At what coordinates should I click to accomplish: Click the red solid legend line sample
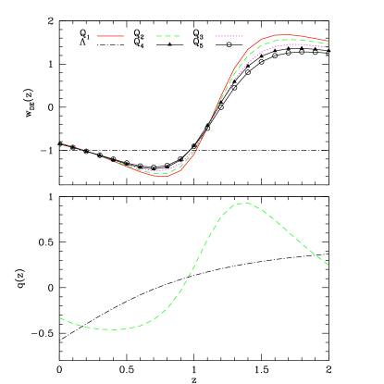(x=111, y=36)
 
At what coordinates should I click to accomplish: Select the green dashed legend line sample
(x=168, y=36)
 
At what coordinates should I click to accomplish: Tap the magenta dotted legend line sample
(x=229, y=36)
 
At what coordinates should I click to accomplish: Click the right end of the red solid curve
(x=328, y=42)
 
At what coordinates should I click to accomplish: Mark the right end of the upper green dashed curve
(x=328, y=44)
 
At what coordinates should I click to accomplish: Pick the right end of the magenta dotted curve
(x=328, y=48)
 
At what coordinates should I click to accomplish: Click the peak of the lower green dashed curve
(x=243, y=203)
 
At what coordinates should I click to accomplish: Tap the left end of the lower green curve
(x=60, y=318)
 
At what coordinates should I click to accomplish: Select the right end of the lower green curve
(x=328, y=266)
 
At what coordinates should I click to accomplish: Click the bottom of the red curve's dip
(x=162, y=176)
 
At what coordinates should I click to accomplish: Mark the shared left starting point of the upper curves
(x=61, y=143)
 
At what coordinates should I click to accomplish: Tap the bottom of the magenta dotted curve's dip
(x=159, y=170)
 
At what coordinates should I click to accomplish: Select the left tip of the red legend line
(x=98, y=36)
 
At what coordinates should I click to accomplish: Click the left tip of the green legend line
(x=156, y=36)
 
